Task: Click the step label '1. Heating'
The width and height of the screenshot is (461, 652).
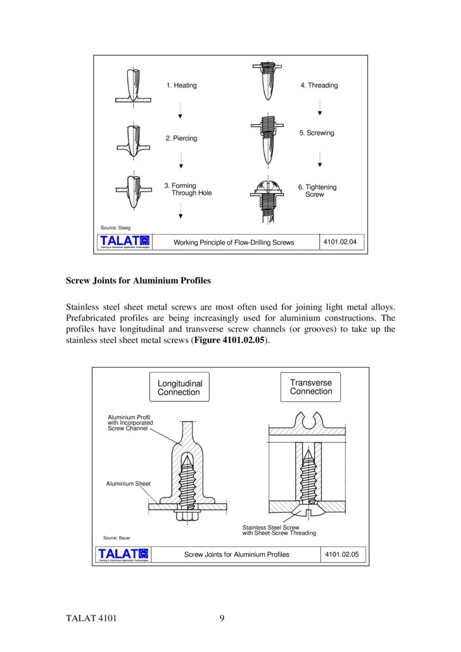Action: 181,85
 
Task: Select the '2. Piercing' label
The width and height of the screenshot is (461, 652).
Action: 181,138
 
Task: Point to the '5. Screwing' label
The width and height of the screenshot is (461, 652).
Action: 317,133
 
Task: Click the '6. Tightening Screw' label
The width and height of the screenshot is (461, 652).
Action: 317,191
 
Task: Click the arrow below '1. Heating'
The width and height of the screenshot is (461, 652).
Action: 180,111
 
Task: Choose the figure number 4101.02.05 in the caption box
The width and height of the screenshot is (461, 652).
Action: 341,555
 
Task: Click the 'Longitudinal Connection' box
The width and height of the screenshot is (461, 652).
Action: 180,387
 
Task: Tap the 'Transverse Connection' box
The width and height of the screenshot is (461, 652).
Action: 310,387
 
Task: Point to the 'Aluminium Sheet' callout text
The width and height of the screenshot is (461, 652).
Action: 128,484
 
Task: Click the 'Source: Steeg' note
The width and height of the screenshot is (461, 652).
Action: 116,227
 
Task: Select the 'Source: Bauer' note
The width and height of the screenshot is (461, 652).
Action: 117,537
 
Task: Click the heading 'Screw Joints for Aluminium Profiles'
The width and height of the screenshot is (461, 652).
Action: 139,280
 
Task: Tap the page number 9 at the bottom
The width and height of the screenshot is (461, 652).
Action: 222,618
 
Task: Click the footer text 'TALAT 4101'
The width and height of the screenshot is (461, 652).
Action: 91,618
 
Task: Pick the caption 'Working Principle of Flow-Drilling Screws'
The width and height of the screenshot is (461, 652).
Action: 234,242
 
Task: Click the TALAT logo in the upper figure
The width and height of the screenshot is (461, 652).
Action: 124,242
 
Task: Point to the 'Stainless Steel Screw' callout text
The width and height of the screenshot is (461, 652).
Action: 270,527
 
